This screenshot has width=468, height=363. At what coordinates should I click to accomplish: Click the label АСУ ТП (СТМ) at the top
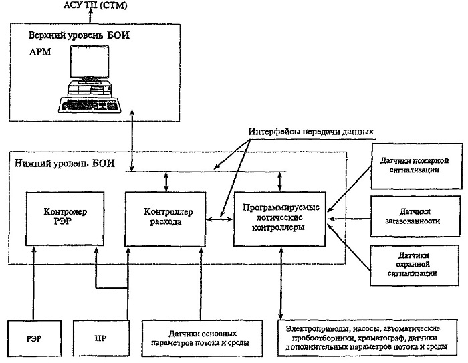(96, 5)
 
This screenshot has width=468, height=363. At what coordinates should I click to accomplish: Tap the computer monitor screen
(89, 62)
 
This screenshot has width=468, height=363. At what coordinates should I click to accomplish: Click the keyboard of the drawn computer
(90, 105)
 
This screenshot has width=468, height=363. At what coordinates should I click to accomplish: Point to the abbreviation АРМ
(40, 52)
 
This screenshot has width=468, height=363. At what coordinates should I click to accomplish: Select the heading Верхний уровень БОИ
(79, 35)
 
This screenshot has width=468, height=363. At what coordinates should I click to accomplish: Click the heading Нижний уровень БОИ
(64, 164)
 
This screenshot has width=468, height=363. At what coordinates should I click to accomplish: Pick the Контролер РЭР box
(65, 219)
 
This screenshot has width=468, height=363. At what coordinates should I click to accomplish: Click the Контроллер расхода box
(165, 219)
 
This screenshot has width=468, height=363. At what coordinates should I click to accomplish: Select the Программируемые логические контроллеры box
(279, 219)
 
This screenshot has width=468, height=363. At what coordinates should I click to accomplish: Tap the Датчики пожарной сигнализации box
(417, 166)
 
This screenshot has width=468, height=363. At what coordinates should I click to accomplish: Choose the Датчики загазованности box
(415, 216)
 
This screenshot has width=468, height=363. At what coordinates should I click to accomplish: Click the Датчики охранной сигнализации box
(415, 265)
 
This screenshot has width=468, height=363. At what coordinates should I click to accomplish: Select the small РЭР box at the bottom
(34, 338)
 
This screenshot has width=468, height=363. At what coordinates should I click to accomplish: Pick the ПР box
(102, 338)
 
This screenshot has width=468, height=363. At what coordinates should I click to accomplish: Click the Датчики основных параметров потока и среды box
(203, 338)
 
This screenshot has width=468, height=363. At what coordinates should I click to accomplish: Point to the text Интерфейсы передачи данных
(311, 132)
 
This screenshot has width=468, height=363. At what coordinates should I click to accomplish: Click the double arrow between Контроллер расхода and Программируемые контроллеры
(220, 219)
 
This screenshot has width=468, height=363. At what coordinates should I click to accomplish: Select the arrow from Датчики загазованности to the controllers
(349, 219)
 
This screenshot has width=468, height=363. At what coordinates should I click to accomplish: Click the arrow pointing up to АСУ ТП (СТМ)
(90, 17)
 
